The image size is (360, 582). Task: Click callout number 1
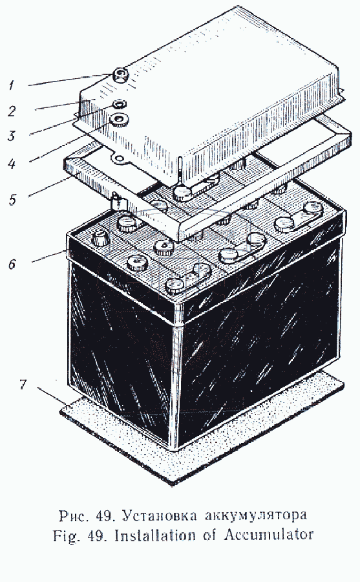(11, 85)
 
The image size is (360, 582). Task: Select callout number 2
(12, 111)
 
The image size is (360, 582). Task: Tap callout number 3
(12, 136)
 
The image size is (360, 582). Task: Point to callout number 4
(12, 164)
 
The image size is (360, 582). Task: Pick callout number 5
(13, 199)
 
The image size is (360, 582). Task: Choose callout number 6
(13, 264)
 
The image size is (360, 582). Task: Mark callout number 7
(23, 383)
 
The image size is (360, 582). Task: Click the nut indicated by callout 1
(121, 75)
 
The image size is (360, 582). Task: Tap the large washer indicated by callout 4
(119, 120)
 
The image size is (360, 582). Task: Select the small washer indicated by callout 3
(120, 103)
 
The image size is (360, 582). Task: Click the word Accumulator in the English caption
(269, 535)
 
